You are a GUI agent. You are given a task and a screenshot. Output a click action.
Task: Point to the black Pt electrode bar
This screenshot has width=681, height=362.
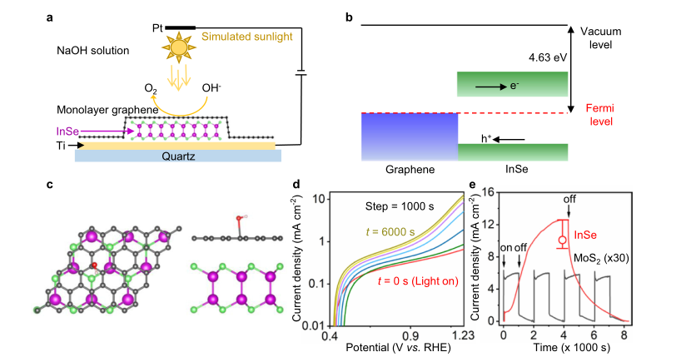181,27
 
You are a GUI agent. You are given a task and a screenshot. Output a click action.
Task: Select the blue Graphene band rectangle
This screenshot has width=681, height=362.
409,136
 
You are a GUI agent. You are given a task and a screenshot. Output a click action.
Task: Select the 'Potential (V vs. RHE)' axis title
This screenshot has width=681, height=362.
394,348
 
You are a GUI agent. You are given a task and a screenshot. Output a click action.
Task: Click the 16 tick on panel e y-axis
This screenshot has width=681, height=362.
490,192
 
